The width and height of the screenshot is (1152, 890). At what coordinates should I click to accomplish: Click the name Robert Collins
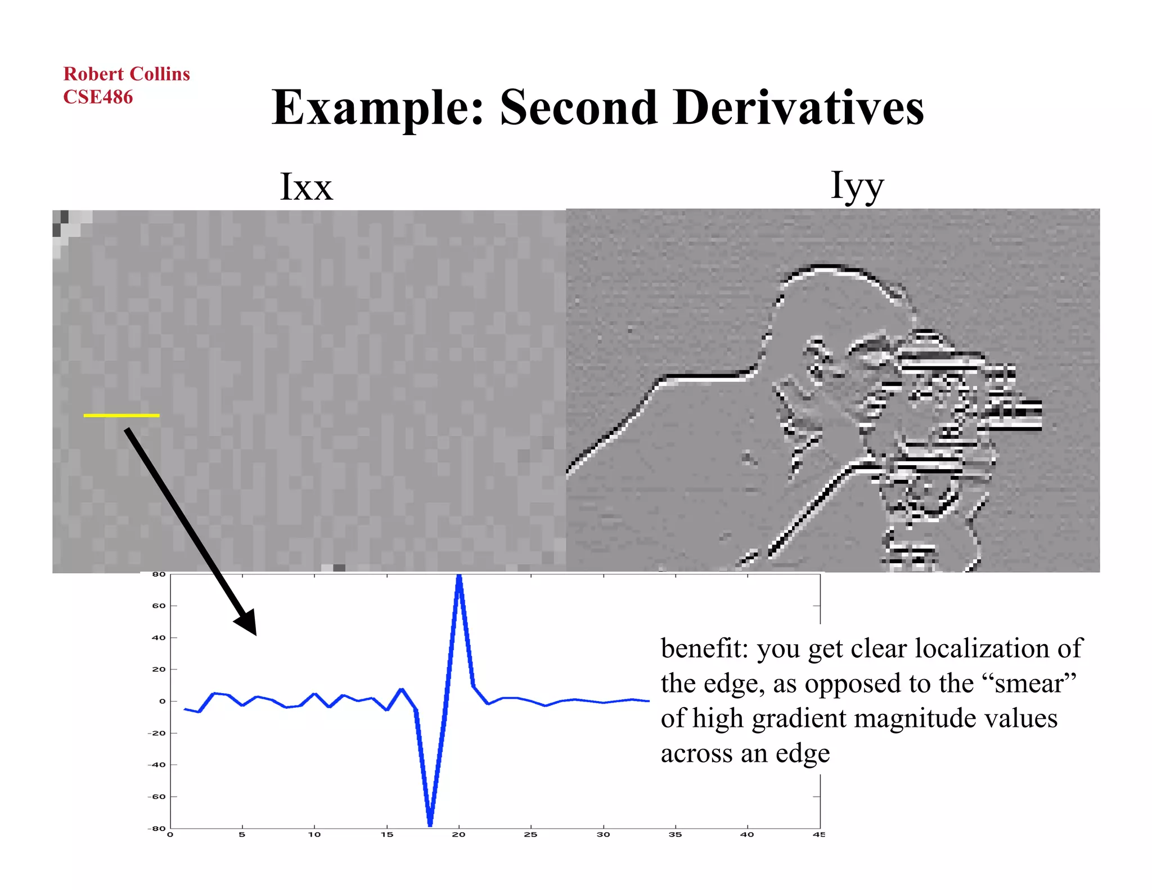(127, 74)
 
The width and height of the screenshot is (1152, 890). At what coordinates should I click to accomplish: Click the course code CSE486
(98, 97)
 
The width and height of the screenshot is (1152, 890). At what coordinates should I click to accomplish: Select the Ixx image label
(306, 187)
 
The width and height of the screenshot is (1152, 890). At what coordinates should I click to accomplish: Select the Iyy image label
(857, 186)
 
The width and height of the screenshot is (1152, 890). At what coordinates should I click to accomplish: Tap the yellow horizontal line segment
(121, 415)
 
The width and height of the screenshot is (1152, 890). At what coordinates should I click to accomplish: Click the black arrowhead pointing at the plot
(247, 622)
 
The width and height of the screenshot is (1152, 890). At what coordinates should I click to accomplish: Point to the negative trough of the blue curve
(430, 824)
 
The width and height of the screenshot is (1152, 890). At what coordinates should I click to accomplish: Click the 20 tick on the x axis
(458, 834)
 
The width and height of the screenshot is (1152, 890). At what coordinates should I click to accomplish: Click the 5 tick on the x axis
(242, 834)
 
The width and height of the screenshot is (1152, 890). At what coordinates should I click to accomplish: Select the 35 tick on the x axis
(675, 834)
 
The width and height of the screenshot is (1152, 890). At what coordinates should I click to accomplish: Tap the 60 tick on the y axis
(159, 606)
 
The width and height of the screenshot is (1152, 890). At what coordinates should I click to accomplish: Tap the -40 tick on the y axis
(157, 765)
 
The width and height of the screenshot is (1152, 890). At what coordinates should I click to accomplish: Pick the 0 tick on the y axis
(163, 701)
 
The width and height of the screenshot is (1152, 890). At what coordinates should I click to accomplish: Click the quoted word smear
(1029, 684)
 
